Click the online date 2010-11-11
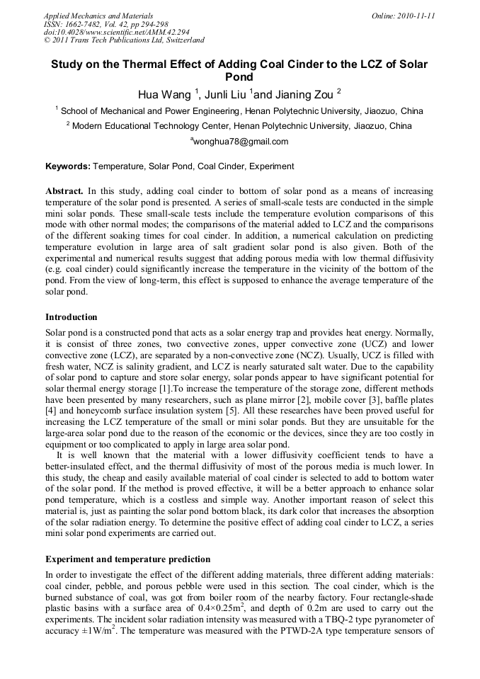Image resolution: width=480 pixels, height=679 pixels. pos(417,15)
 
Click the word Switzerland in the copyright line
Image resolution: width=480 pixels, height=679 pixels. pos(183,40)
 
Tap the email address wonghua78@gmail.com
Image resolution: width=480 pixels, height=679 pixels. pos(241,141)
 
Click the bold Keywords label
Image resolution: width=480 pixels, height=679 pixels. pos(68,166)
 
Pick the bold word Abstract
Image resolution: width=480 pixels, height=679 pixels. pos(65,192)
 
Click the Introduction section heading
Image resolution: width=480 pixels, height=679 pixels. pos(72,316)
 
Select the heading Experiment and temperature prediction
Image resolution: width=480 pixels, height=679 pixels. pos(127,559)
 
